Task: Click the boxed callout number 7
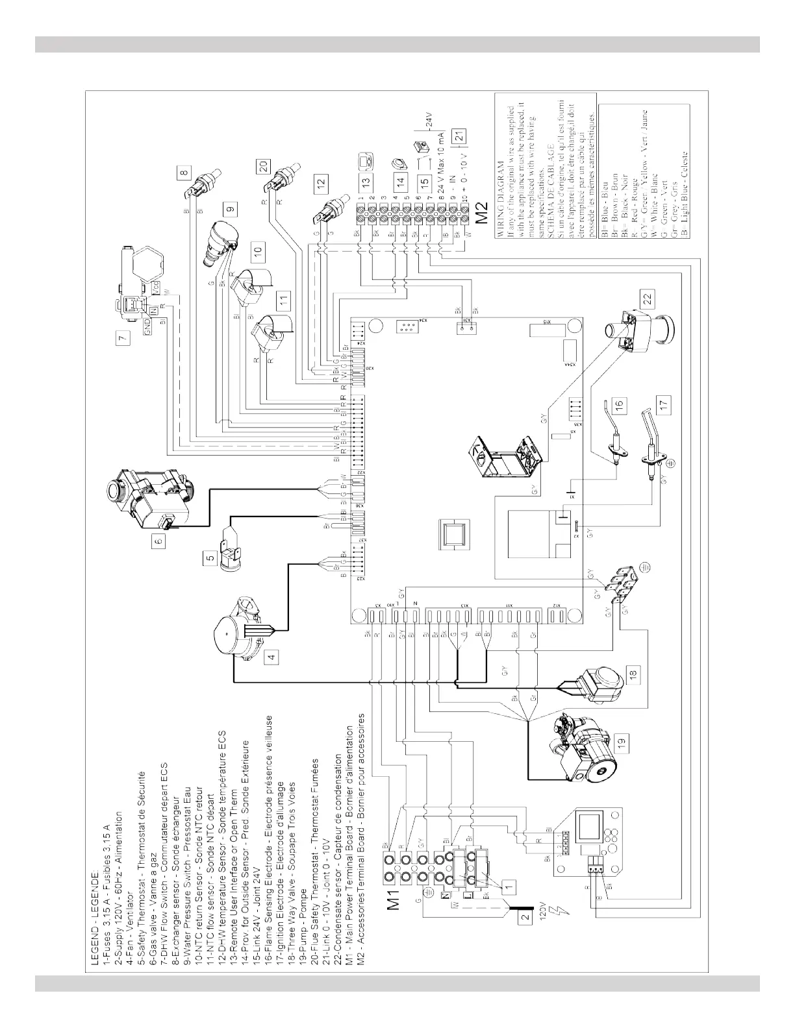pos(121,338)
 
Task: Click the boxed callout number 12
pos(320,185)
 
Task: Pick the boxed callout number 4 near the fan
pos(273,655)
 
